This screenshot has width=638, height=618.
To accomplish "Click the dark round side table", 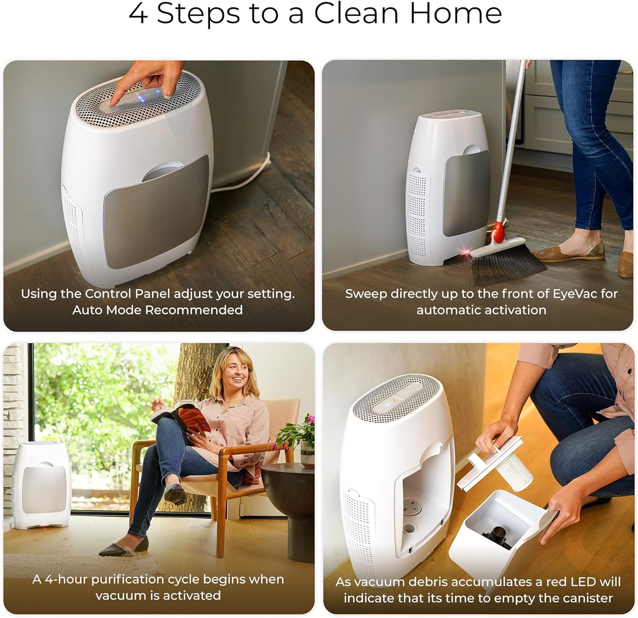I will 289,501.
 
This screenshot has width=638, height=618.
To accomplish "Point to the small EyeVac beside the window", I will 40,484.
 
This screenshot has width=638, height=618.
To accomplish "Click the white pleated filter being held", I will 515,469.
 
